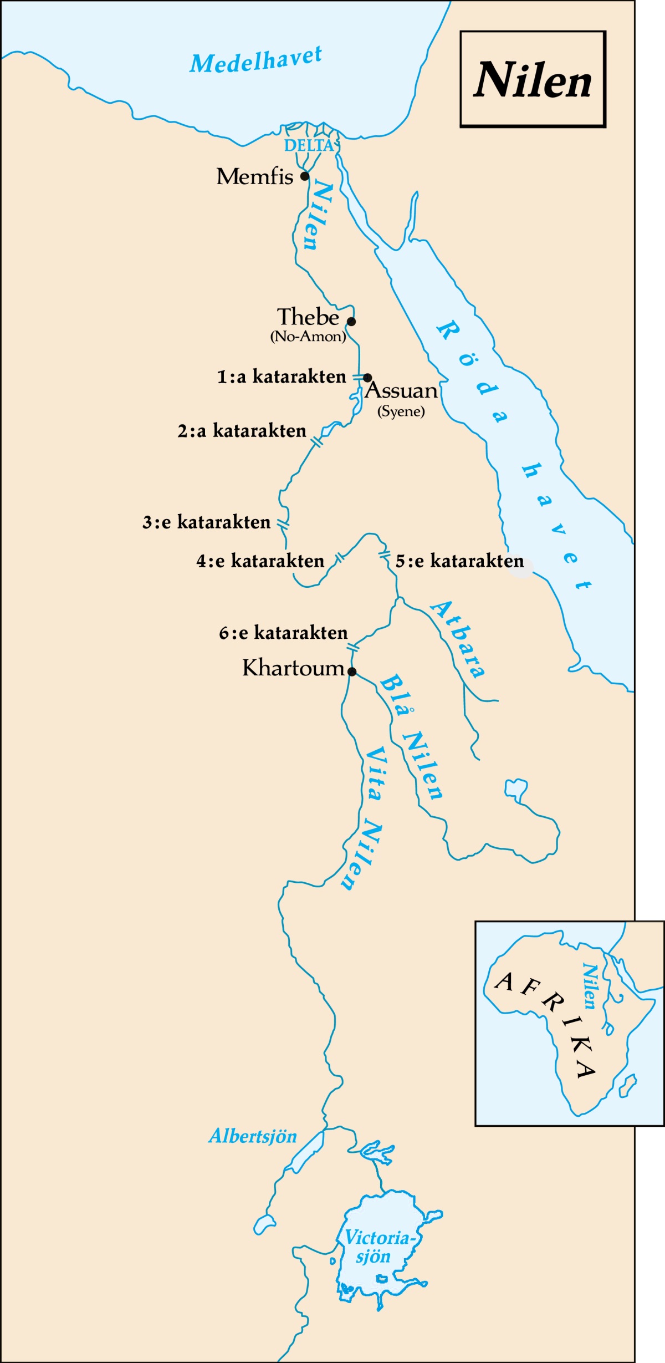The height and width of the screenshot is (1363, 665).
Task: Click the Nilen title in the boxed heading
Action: tap(533, 80)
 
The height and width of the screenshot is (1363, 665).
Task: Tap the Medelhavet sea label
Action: tap(255, 59)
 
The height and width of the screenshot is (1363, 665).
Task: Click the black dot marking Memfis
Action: tap(304, 176)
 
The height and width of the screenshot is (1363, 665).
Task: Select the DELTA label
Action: tap(309, 146)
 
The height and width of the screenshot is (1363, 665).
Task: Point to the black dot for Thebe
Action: tap(351, 321)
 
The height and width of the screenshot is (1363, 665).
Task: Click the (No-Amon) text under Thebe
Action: tap(308, 337)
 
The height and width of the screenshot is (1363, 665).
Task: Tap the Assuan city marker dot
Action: tap(367, 378)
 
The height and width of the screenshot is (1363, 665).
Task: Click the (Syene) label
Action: tap(401, 411)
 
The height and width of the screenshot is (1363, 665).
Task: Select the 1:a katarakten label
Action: tap(282, 377)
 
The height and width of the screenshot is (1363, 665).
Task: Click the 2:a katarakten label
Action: tap(242, 431)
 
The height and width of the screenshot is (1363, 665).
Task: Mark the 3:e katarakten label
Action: tap(206, 522)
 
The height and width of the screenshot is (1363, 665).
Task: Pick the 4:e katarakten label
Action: tap(260, 561)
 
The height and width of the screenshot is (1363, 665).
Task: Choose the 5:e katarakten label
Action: tap(459, 561)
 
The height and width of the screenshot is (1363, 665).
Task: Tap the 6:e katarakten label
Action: tap(283, 633)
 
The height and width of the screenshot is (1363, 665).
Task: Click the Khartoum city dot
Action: tap(352, 672)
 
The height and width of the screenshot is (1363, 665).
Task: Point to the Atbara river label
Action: tap(458, 639)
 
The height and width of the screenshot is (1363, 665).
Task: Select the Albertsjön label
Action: tap(253, 1136)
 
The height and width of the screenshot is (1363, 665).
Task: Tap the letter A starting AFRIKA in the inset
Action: tap(504, 981)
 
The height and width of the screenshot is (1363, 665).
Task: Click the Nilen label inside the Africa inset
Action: tap(590, 986)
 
